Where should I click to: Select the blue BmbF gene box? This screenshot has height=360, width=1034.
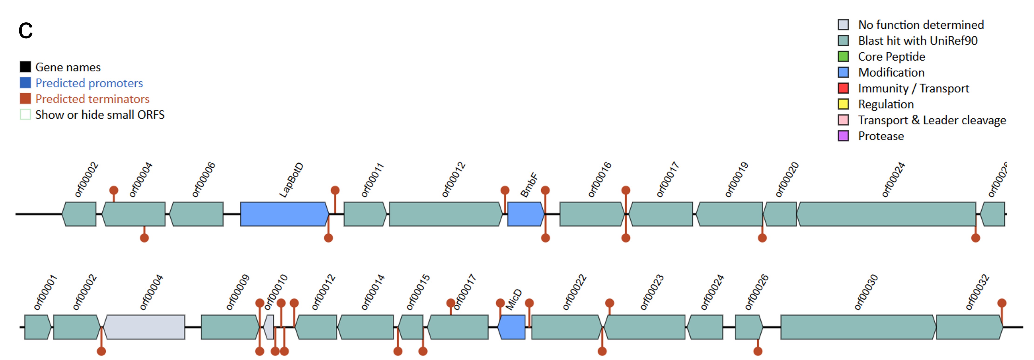[525, 214]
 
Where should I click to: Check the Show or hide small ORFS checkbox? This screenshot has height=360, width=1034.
[25, 115]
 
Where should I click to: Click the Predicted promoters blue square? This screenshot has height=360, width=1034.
[25, 83]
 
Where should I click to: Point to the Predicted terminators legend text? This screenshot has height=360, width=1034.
[92, 99]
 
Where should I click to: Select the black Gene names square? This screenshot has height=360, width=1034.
[25, 67]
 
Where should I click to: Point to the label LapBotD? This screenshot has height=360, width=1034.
[291, 180]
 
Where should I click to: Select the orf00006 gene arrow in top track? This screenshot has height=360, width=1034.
[196, 214]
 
